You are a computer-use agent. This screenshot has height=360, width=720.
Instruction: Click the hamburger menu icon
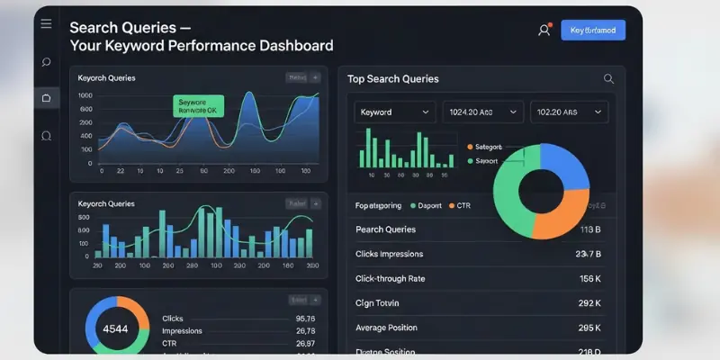pos(46,24)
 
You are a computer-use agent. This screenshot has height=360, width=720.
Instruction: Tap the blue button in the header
pos(592,31)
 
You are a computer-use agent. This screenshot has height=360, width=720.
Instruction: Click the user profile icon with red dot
pos(544,31)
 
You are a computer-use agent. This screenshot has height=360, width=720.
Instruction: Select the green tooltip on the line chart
pos(197,108)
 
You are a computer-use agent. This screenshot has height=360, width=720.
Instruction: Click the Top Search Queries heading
pos(392,79)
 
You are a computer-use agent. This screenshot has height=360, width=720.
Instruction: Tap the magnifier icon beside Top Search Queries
pos(609,79)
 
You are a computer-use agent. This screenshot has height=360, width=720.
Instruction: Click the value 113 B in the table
pos(590,229)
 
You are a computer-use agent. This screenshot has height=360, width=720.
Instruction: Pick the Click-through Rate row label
pos(391,279)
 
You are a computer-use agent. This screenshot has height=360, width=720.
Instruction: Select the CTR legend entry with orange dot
pos(459,206)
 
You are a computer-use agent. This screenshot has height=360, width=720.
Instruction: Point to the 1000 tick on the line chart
pos(85,95)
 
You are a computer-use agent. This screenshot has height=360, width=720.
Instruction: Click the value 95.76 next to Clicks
pos(305,319)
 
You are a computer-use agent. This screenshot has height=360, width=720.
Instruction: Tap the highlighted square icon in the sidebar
pos(47,97)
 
